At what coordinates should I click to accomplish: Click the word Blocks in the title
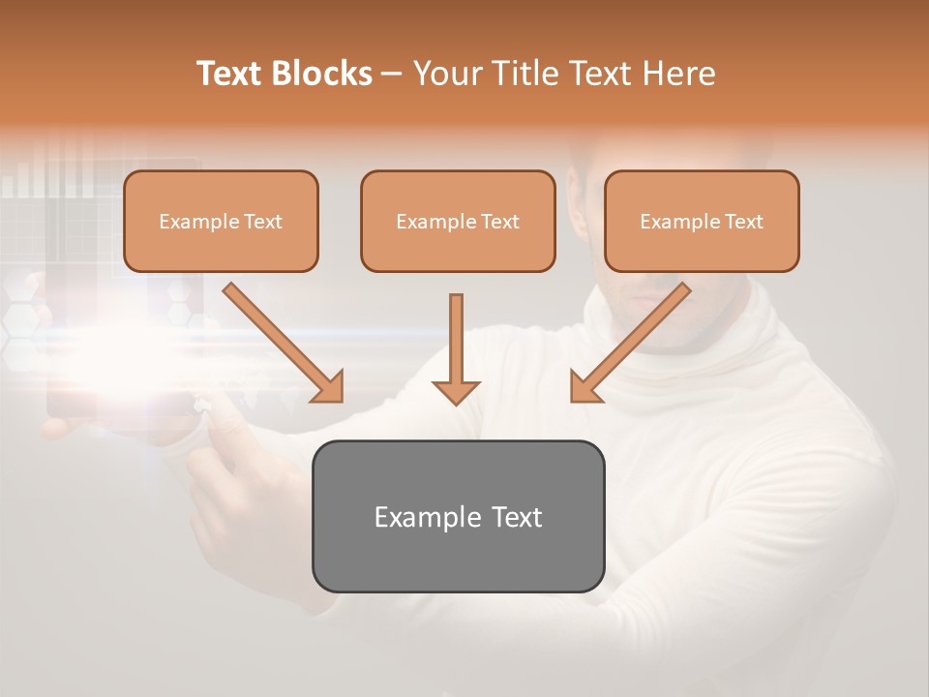point(322,74)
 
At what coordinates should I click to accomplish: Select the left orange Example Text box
point(221,221)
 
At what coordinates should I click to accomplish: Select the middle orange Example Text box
point(458,221)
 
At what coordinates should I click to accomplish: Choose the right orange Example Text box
point(702,221)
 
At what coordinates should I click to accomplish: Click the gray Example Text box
point(458,516)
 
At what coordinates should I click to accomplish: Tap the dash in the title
point(392,75)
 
